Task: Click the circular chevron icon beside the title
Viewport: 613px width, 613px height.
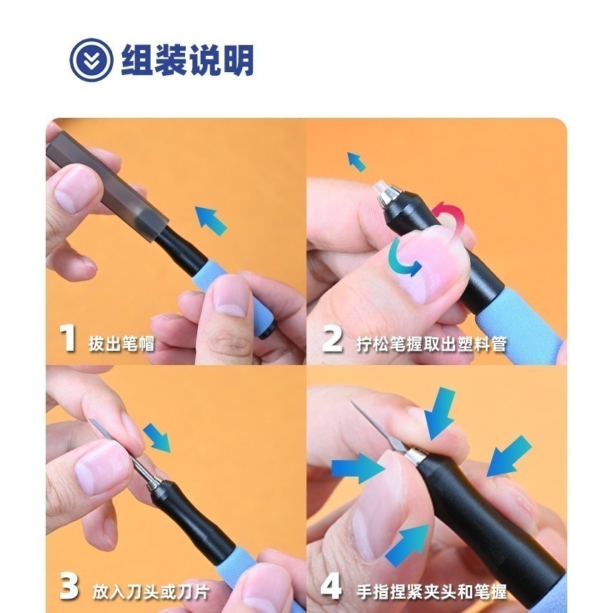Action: (x=91, y=60)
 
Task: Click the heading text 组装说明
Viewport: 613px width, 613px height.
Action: (x=187, y=60)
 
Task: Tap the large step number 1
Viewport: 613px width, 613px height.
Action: (x=68, y=338)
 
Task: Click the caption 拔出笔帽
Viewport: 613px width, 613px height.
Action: (x=121, y=344)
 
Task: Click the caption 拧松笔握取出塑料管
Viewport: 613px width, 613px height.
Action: (x=432, y=344)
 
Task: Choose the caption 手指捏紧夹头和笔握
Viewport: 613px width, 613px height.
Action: (x=432, y=592)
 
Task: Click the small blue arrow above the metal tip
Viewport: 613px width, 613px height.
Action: (x=357, y=162)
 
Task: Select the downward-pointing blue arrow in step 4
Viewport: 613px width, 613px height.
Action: (x=441, y=411)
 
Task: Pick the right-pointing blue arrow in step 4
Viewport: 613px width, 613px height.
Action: (x=357, y=468)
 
